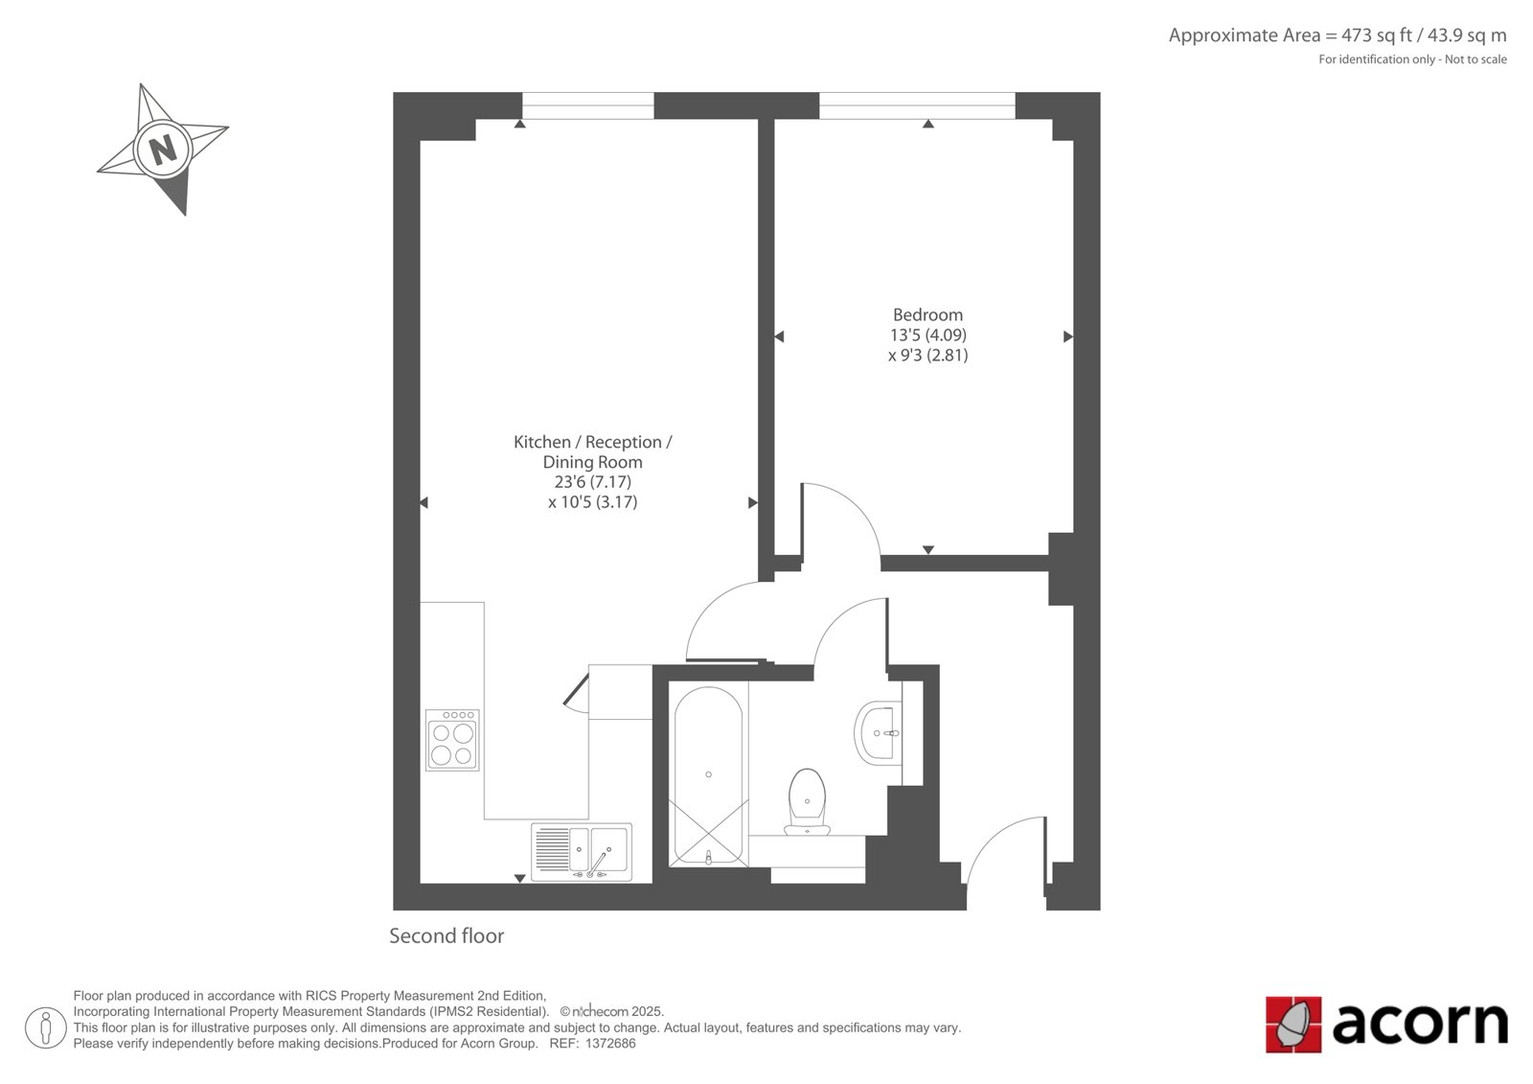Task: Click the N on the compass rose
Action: click(x=163, y=150)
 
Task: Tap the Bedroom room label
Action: click(x=927, y=315)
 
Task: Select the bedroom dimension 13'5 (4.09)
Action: click(x=927, y=334)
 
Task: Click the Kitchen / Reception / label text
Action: click(x=593, y=443)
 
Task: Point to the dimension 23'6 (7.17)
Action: click(x=593, y=482)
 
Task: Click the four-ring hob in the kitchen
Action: click(x=452, y=740)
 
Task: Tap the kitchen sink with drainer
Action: click(x=581, y=852)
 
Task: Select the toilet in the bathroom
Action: click(x=807, y=802)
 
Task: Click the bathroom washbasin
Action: click(x=879, y=732)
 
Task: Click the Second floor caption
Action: click(x=446, y=936)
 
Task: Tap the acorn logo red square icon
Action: click(x=1293, y=1025)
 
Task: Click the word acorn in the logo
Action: click(x=1419, y=1025)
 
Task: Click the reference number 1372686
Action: click(x=609, y=1044)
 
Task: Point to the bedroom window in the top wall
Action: click(x=917, y=105)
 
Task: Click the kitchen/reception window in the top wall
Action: click(x=588, y=105)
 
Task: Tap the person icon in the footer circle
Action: click(x=46, y=1027)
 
